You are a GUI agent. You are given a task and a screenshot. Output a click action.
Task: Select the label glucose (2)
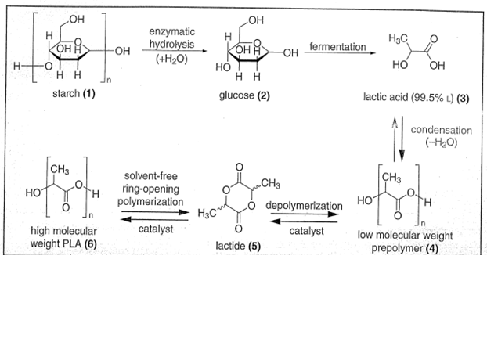click(x=245, y=95)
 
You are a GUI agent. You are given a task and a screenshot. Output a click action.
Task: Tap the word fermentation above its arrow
click(x=337, y=47)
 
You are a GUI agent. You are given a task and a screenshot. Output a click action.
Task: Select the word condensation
click(x=442, y=129)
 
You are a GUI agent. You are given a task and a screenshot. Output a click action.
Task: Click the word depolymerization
click(x=304, y=205)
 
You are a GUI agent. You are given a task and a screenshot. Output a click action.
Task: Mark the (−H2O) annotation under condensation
click(x=442, y=142)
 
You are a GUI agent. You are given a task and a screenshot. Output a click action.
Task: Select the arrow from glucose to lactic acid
click(x=338, y=55)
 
